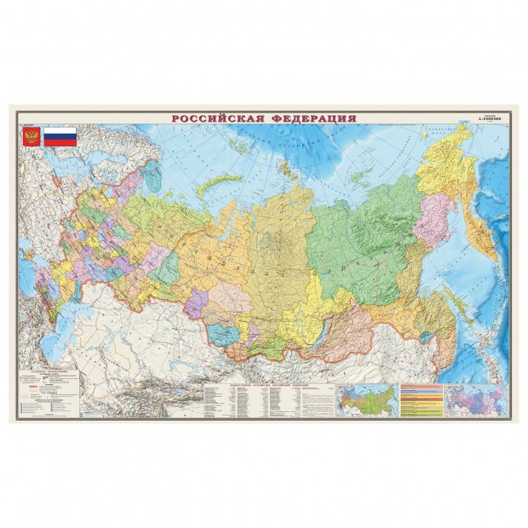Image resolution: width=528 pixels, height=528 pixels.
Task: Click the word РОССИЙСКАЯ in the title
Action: coord(218,118)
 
